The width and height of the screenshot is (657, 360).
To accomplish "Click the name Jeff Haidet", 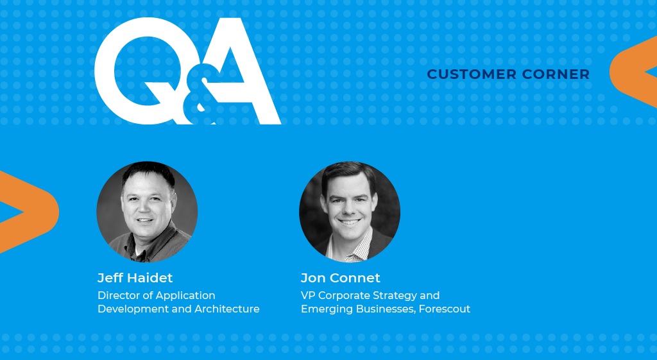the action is click(135, 278).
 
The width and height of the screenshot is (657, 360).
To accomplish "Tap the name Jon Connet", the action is click(340, 278).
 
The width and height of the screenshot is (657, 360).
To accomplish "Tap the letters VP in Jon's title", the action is click(308, 295).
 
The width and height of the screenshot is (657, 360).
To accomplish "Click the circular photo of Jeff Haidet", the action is click(147, 212).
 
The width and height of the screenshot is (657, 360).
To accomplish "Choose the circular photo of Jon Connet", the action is click(350, 212).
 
